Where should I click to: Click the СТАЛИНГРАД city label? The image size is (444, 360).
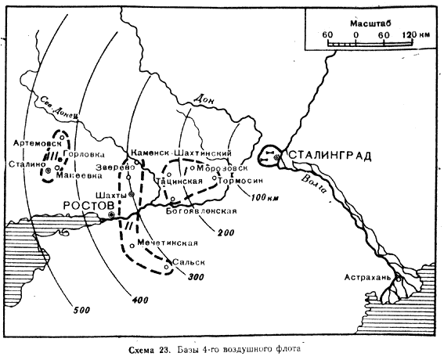pyautogui.click(x=330, y=156)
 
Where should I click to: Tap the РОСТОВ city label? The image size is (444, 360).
pyautogui.click(x=88, y=206)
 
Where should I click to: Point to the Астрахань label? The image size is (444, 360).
pyautogui.click(x=367, y=277)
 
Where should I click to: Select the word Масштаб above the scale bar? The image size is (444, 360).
pyautogui.click(x=370, y=23)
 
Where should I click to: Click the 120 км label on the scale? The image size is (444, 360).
pyautogui.click(x=416, y=34)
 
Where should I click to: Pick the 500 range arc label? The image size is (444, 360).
pyautogui.click(x=81, y=310)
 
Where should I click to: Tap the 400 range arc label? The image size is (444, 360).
pyautogui.click(x=140, y=300)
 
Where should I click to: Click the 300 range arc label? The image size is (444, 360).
pyautogui.click(x=196, y=276)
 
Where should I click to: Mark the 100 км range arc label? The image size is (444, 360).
pyautogui.click(x=264, y=197)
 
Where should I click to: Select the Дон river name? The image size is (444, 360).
pyautogui.click(x=204, y=99)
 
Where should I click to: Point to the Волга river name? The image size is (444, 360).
pyautogui.click(x=313, y=184)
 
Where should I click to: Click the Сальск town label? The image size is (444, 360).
pyautogui.click(x=189, y=262)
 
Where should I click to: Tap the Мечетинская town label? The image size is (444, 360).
pyautogui.click(x=168, y=243)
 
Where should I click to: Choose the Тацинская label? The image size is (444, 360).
pyautogui.click(x=179, y=181)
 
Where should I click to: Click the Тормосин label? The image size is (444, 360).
pyautogui.click(x=241, y=180)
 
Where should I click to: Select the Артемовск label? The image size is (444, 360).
pyautogui.click(x=38, y=143)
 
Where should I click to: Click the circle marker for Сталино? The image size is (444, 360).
pyautogui.click(x=48, y=171)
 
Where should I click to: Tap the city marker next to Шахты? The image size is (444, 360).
pyautogui.click(x=131, y=194)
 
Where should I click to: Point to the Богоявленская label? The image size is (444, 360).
pyautogui.click(x=201, y=211)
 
